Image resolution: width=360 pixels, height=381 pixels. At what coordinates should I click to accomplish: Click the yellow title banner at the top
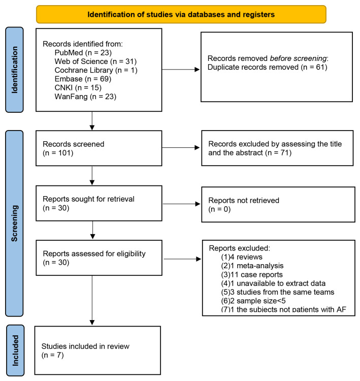coord(181,14)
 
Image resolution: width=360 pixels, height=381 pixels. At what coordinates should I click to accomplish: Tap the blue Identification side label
coord(14,70)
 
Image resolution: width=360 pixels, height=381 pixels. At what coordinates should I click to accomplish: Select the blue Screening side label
coord(14,224)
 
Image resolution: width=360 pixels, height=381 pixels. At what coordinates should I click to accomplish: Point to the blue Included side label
coord(15,351)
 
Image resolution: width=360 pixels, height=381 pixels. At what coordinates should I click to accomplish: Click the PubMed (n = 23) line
coord(83,53)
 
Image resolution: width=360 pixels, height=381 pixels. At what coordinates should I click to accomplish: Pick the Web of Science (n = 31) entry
coord(95,61)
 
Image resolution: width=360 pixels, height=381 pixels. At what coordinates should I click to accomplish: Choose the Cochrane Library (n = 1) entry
coord(96,70)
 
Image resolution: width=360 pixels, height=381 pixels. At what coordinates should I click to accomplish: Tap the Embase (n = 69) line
coord(83,79)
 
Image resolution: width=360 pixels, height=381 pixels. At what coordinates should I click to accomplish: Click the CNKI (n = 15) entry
coord(78,88)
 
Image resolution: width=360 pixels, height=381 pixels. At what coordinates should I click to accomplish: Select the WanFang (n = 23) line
coord(85,97)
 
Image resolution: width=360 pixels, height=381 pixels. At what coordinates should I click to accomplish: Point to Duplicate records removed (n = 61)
coord(268,67)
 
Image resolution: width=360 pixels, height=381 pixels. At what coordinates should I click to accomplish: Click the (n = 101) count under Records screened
coord(58,153)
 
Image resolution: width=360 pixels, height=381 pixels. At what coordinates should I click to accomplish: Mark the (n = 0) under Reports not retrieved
coord(219,209)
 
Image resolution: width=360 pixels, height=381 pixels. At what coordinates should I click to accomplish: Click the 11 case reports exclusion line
coord(252,274)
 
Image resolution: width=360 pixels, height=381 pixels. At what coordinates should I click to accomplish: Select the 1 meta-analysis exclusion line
coord(252,266)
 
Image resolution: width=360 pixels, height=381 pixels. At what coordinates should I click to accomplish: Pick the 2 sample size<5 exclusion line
coord(253,301)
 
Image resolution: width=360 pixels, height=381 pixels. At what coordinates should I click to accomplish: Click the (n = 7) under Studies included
coord(52,355)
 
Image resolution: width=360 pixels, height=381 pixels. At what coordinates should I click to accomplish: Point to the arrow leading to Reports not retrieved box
coord(181,204)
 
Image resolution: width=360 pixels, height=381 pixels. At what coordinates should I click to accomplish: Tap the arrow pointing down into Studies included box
coord(92,300)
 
